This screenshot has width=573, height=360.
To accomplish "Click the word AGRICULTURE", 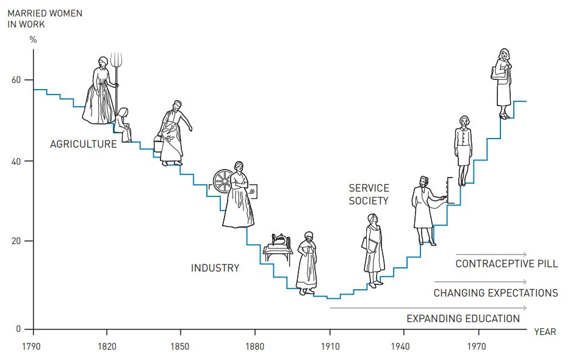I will [x=83, y=145].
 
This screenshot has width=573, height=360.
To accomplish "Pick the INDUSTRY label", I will [x=215, y=268].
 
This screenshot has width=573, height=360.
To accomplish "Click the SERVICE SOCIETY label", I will [x=369, y=194].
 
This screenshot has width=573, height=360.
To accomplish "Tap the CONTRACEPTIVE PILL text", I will [x=506, y=264].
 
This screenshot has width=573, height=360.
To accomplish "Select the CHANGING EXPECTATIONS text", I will [x=496, y=293].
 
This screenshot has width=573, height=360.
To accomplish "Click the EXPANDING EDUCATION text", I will [x=463, y=319].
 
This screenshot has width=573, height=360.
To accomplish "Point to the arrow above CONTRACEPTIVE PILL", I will [x=491, y=254].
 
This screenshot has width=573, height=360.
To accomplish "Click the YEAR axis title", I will [x=545, y=332].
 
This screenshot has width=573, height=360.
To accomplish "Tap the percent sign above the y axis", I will [x=33, y=40].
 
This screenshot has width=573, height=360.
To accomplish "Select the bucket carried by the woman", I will [x=158, y=145].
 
